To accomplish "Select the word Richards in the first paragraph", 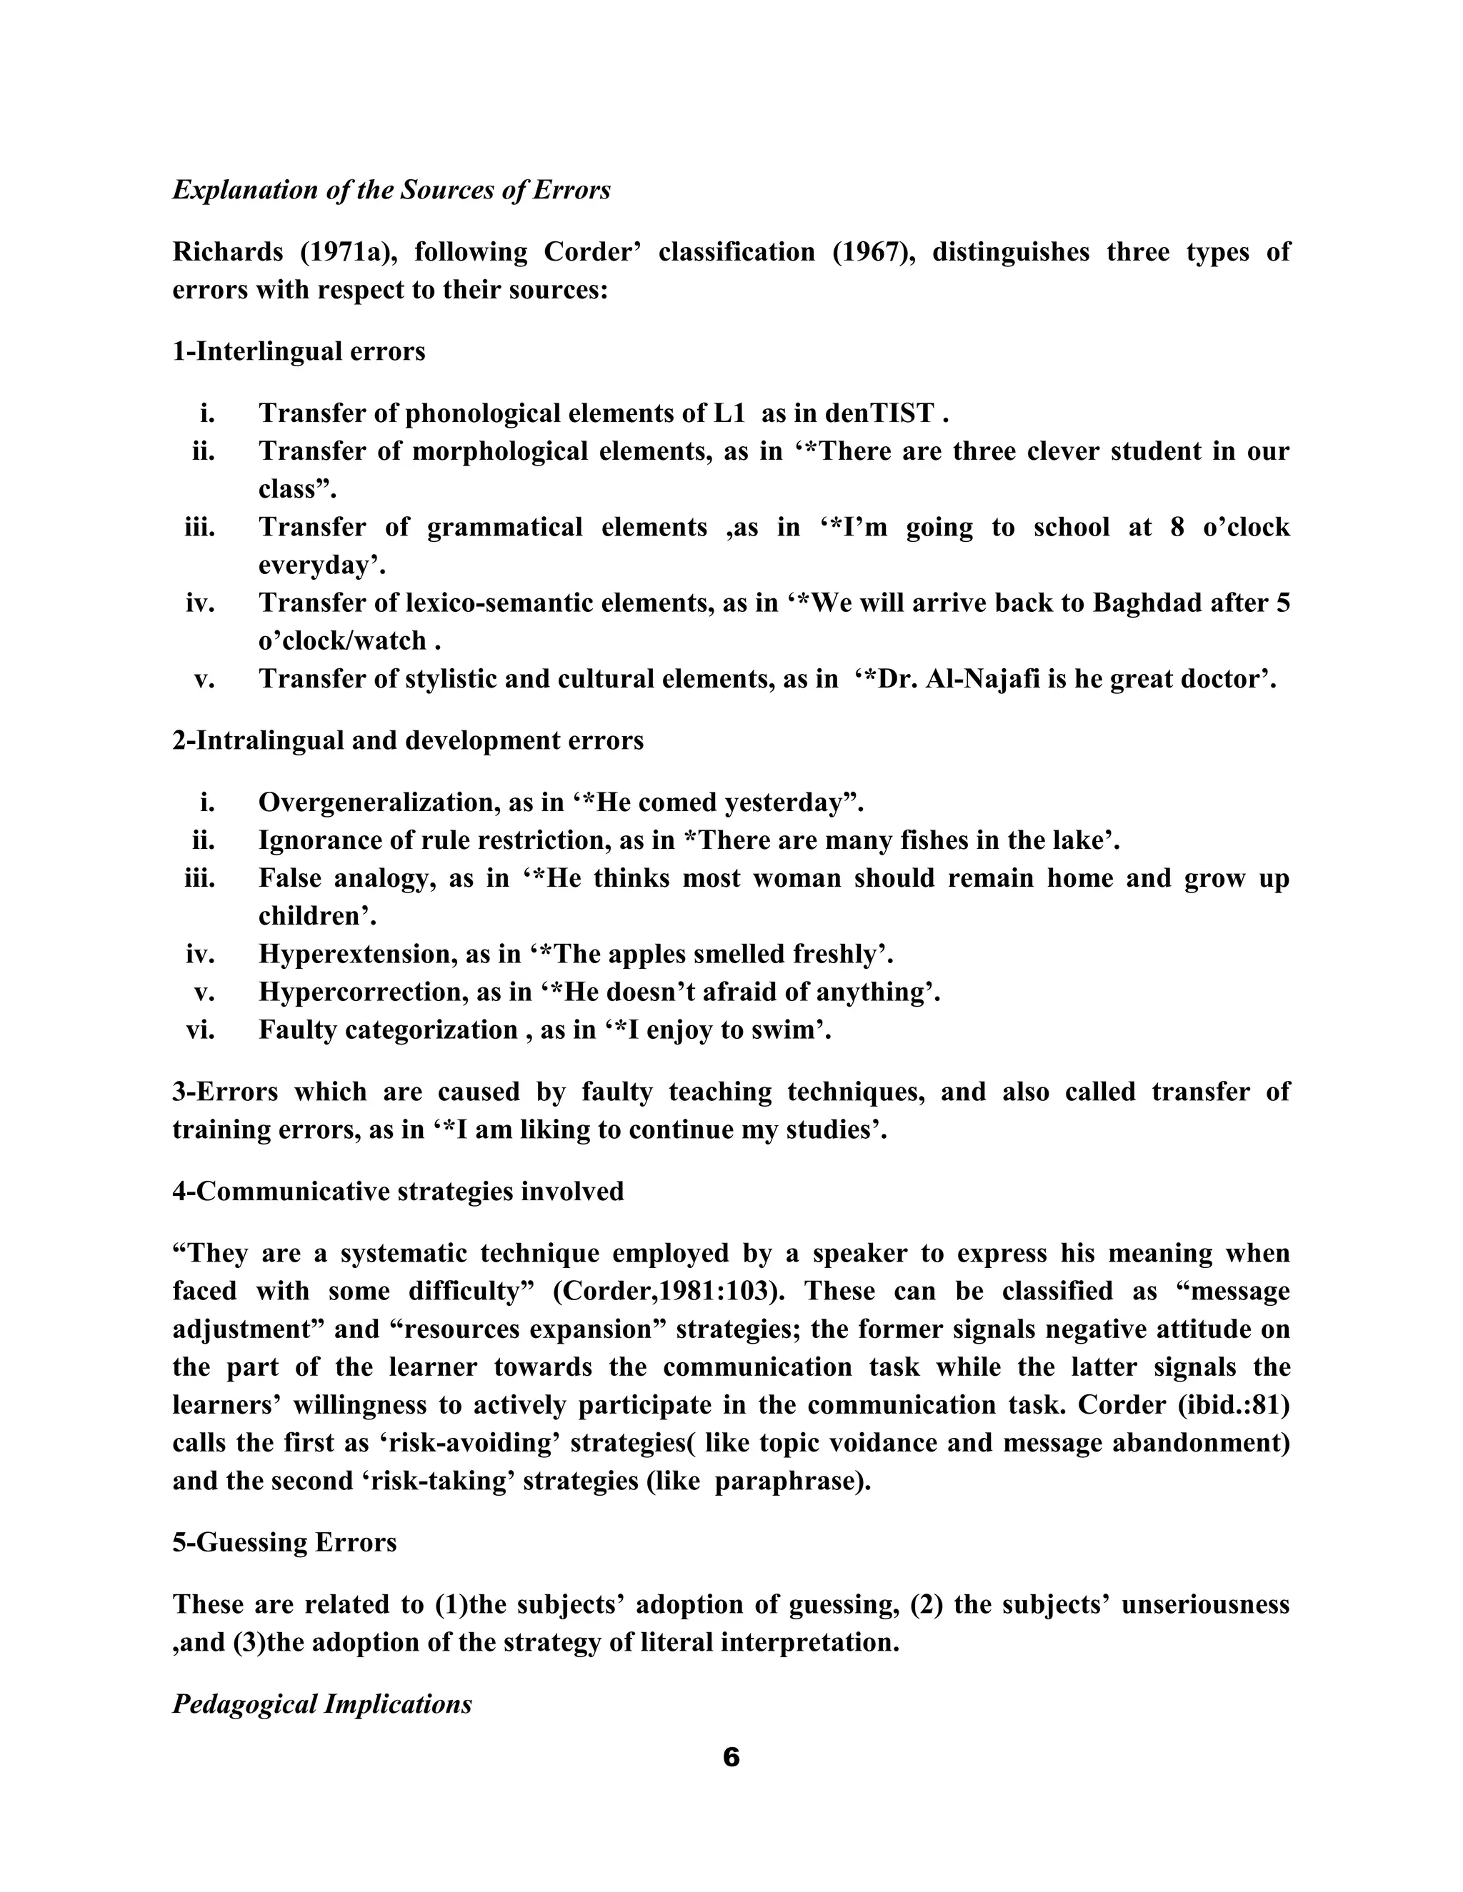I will point(228,252).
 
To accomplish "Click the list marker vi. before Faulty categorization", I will point(200,1030).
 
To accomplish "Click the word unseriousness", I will point(1204,1604).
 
